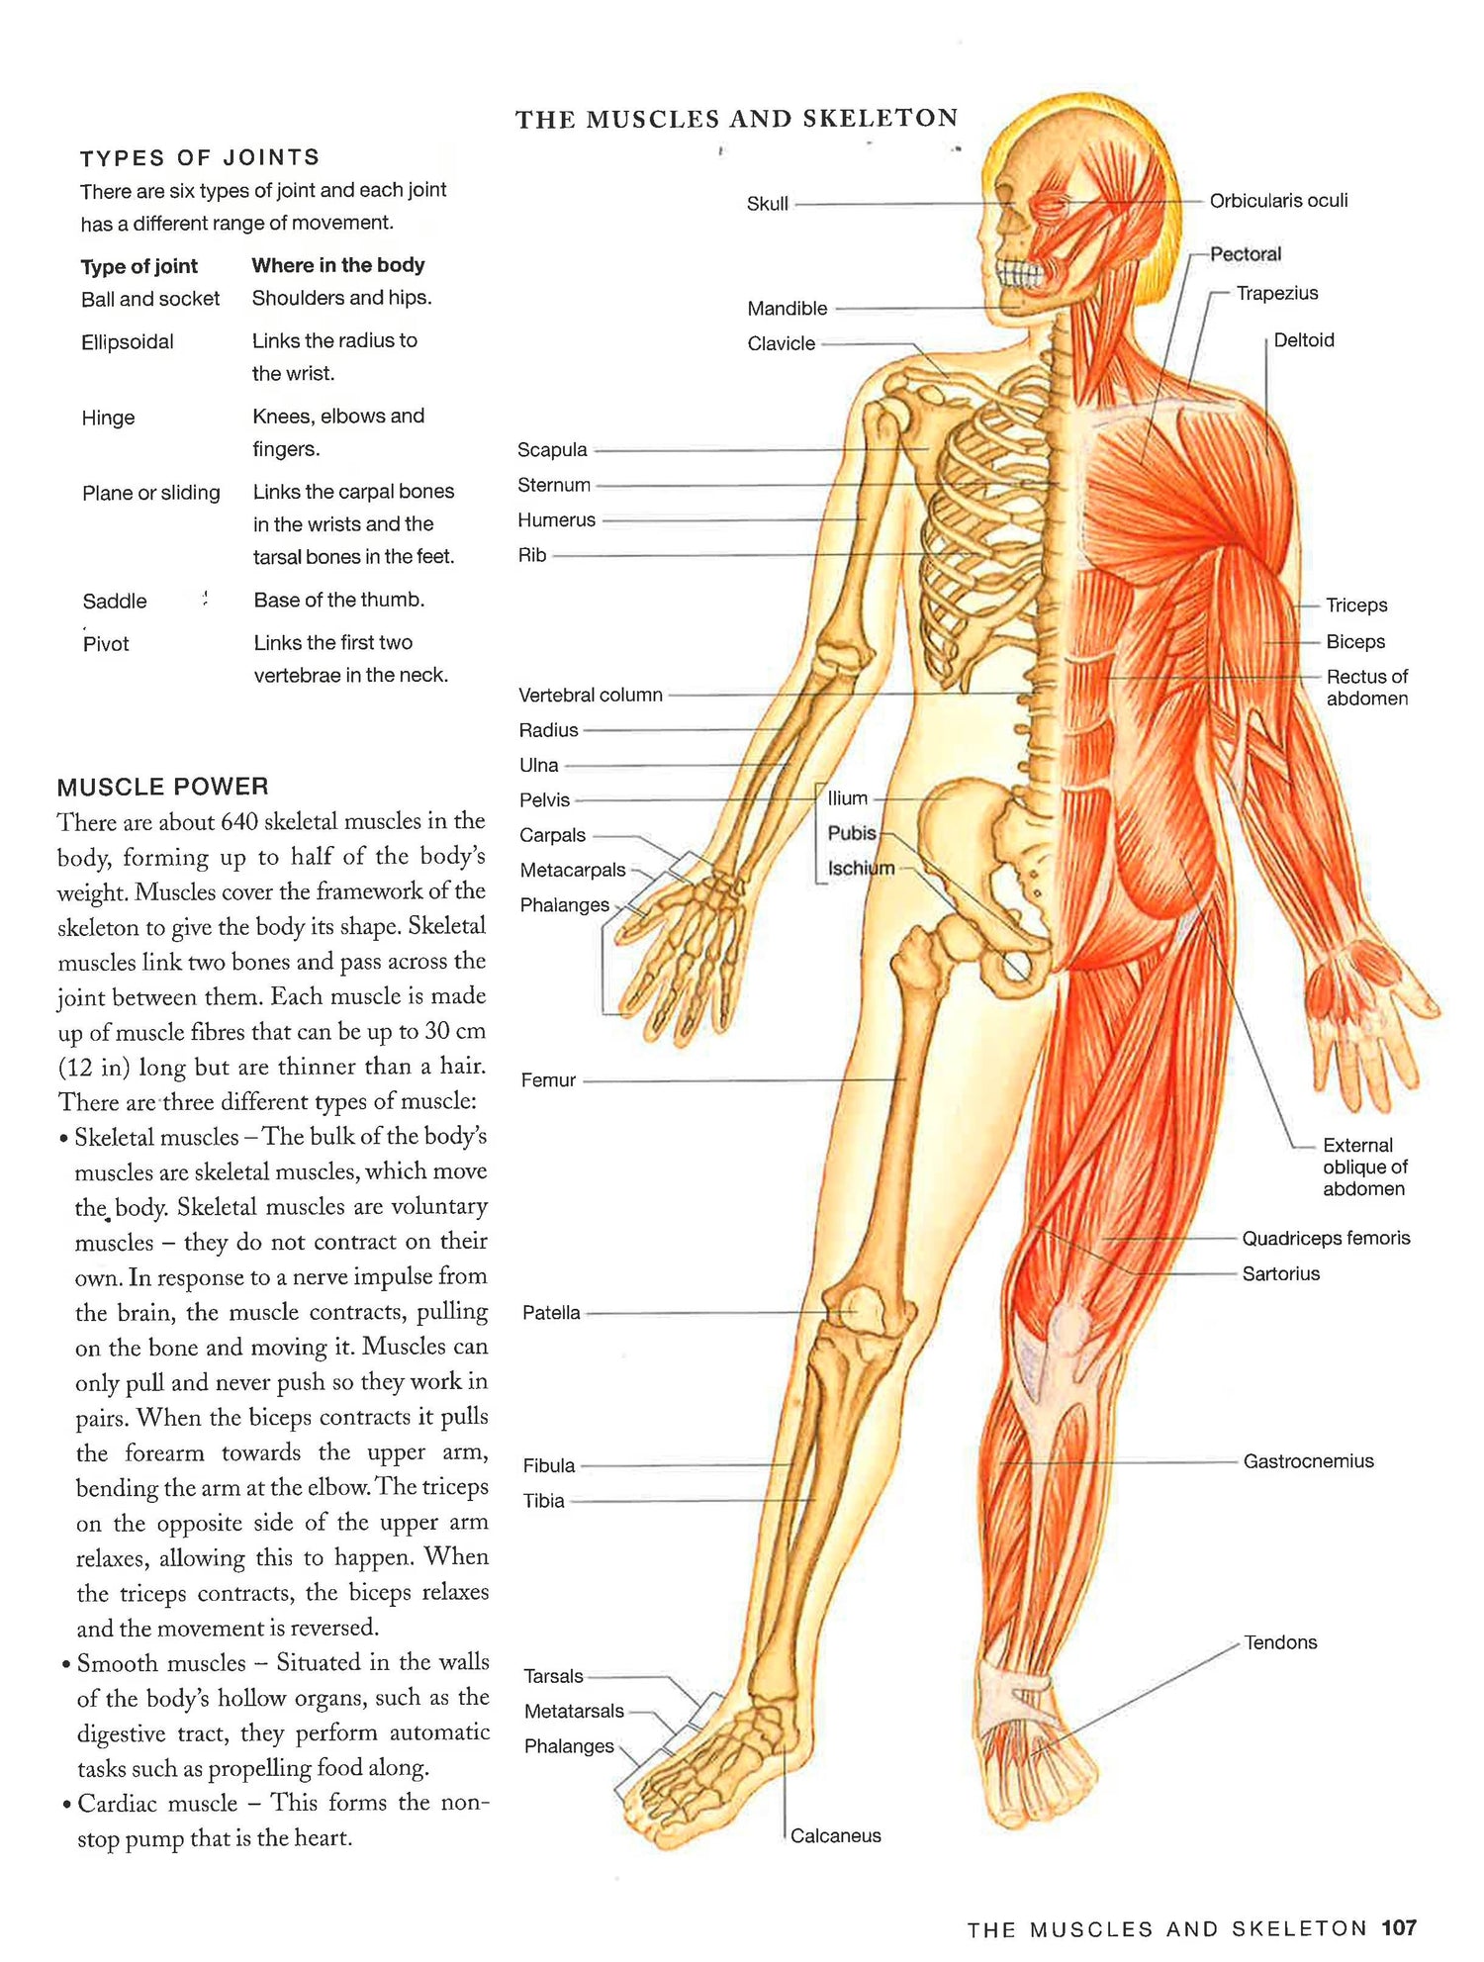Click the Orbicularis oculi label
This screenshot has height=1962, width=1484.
click(x=1278, y=201)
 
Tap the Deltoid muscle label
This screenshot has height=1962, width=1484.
click(x=1304, y=340)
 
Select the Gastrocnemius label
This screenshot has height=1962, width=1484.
click(x=1309, y=1461)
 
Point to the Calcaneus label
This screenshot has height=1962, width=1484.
click(x=835, y=1836)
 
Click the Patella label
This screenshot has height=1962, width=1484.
click(x=551, y=1313)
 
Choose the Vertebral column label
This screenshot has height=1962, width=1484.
click(x=591, y=696)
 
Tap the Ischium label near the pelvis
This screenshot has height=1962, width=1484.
click(x=861, y=869)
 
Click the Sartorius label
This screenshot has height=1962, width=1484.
click(x=1281, y=1274)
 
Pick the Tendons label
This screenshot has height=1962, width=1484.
click(x=1280, y=1642)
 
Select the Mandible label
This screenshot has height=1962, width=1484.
click(x=788, y=309)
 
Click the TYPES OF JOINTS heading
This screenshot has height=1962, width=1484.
click(x=200, y=157)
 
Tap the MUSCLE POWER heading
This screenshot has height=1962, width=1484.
click(x=163, y=787)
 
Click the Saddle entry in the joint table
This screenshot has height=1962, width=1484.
click(x=115, y=602)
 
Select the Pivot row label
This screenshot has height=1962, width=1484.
click(x=106, y=644)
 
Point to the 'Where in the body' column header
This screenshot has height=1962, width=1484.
click(x=338, y=265)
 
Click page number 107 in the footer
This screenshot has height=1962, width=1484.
click(x=1399, y=1927)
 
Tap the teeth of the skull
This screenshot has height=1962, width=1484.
click(x=1018, y=273)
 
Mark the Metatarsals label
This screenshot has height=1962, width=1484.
click(x=574, y=1712)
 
